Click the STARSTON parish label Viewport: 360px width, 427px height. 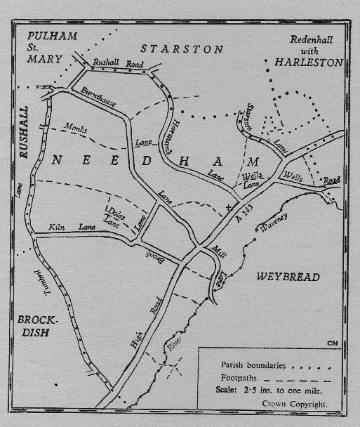182,49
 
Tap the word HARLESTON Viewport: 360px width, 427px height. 309,63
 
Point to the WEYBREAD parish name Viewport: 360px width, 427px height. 288,277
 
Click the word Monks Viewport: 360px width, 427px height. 76,129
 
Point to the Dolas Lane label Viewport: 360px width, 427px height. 114,214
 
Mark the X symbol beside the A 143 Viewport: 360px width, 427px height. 227,206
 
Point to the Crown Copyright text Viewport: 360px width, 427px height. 295,405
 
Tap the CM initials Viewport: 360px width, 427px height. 332,343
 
